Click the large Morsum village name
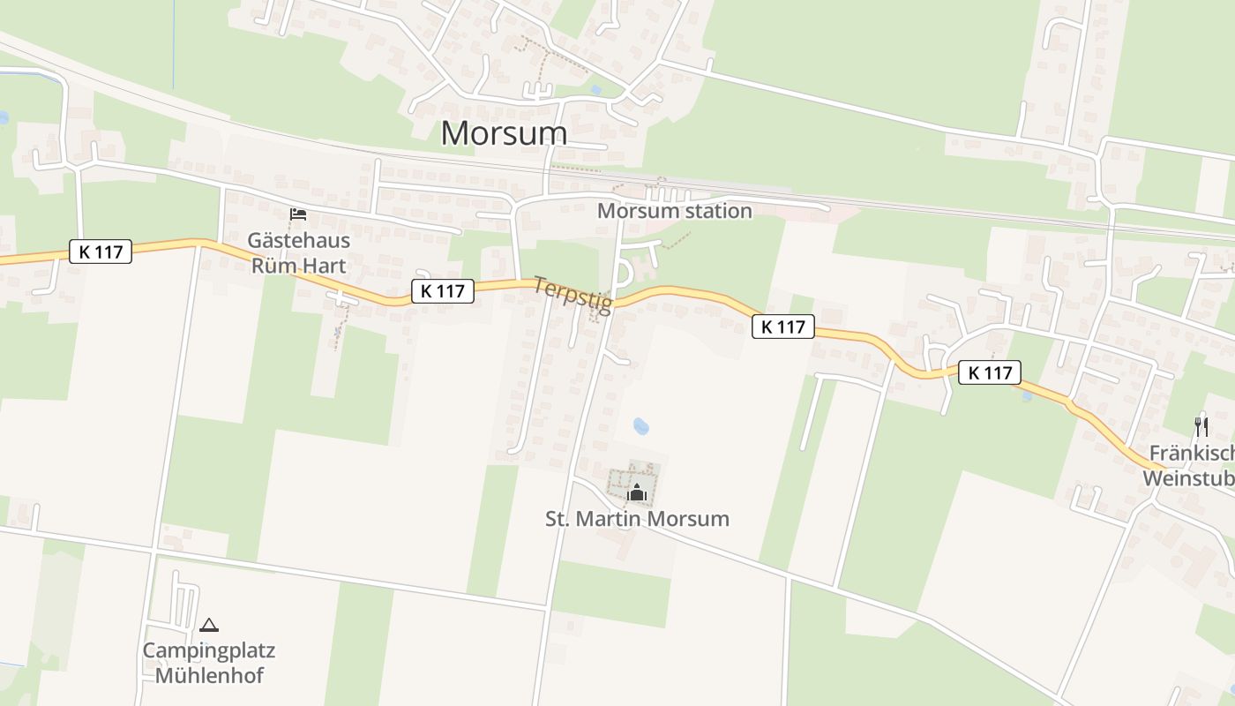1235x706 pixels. pos(504,132)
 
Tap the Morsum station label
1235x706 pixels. pos(674,211)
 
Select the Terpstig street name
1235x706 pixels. pos(573,295)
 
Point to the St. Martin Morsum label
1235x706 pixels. pos(637,518)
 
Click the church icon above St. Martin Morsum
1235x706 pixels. pos(637,492)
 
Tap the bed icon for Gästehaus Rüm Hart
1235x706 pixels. pos(298,214)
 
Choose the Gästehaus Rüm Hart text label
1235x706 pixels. pos(298,252)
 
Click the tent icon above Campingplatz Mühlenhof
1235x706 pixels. pos(208,626)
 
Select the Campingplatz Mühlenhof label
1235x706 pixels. pos(209,664)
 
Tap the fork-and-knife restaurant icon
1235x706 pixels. pos(1201,427)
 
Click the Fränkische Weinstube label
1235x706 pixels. pos(1191,466)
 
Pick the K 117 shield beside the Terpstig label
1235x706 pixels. pos(442,290)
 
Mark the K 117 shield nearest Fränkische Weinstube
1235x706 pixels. pos(990,372)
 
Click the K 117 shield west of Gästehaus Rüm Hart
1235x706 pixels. pos(101,252)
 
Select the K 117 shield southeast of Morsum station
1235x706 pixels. pos(782,327)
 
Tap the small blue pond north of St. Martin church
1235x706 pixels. pos(641,427)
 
